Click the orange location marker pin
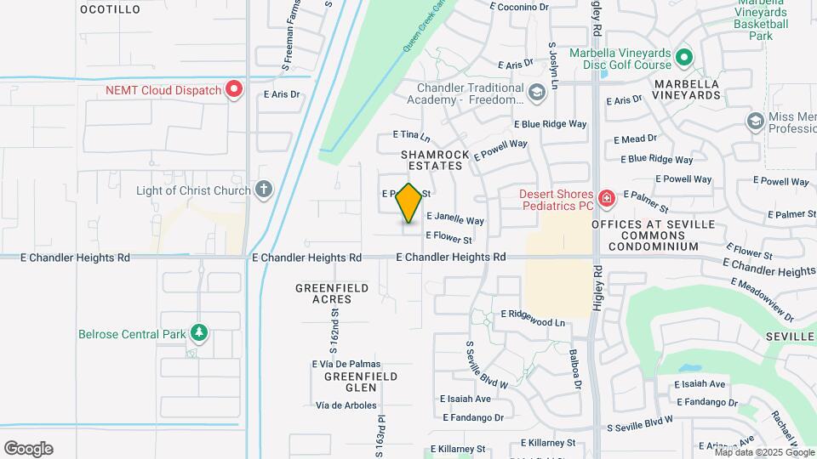click(409, 202)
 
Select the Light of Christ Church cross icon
click(264, 190)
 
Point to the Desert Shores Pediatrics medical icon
click(606, 199)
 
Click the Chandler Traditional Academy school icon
click(536, 93)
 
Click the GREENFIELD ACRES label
click(332, 293)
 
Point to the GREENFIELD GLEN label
click(349, 382)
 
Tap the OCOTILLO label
click(110, 9)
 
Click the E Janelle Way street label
click(454, 218)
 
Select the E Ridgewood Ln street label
click(533, 318)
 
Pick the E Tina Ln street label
click(411, 136)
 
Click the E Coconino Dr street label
click(520, 7)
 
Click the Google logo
click(28, 449)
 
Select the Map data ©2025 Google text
click(751, 452)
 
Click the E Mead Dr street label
click(639, 138)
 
